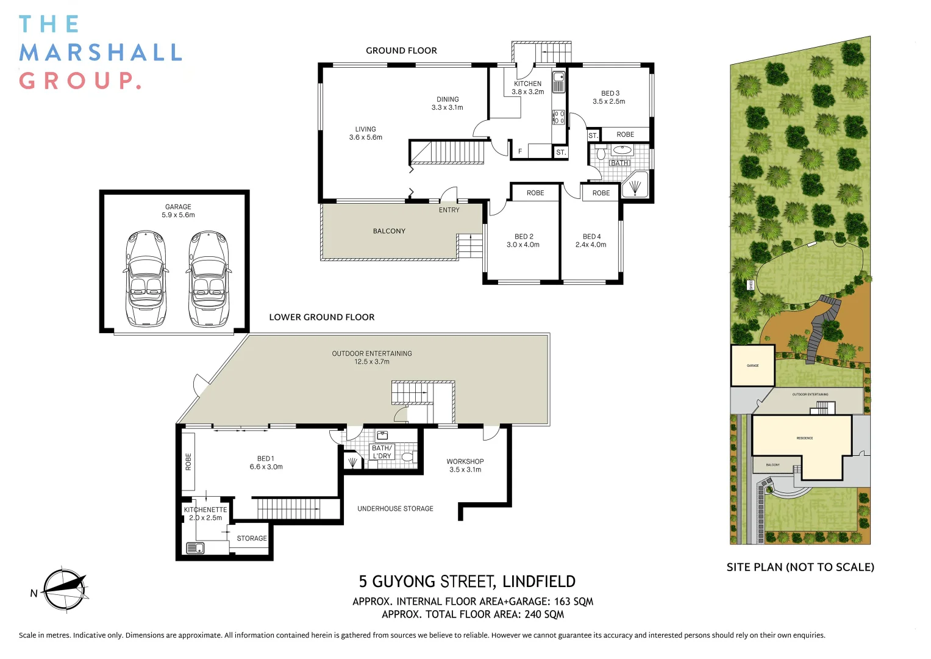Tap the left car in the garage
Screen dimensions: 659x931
coord(146,279)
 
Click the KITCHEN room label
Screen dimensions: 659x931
coord(527,84)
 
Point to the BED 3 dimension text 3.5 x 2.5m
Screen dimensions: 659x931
coord(608,102)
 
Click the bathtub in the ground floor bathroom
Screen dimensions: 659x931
coord(622,149)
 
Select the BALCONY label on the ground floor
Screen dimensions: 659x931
coord(389,231)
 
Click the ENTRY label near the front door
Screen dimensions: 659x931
coord(449,210)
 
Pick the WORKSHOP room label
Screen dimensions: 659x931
coord(465,461)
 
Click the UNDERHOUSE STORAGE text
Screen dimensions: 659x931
coord(395,508)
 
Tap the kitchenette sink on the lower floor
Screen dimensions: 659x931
coord(195,547)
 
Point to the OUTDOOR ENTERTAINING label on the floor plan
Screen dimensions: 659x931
coord(372,353)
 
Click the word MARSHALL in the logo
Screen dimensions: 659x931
coord(101,52)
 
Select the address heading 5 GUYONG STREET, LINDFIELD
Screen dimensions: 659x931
coord(467,582)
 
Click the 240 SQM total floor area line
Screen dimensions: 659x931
coord(473,614)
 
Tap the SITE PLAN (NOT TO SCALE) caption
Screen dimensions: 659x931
coord(800,567)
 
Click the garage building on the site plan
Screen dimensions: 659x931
coord(752,366)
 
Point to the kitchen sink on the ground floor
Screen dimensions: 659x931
coord(558,82)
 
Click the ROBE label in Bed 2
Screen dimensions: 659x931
coord(535,193)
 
